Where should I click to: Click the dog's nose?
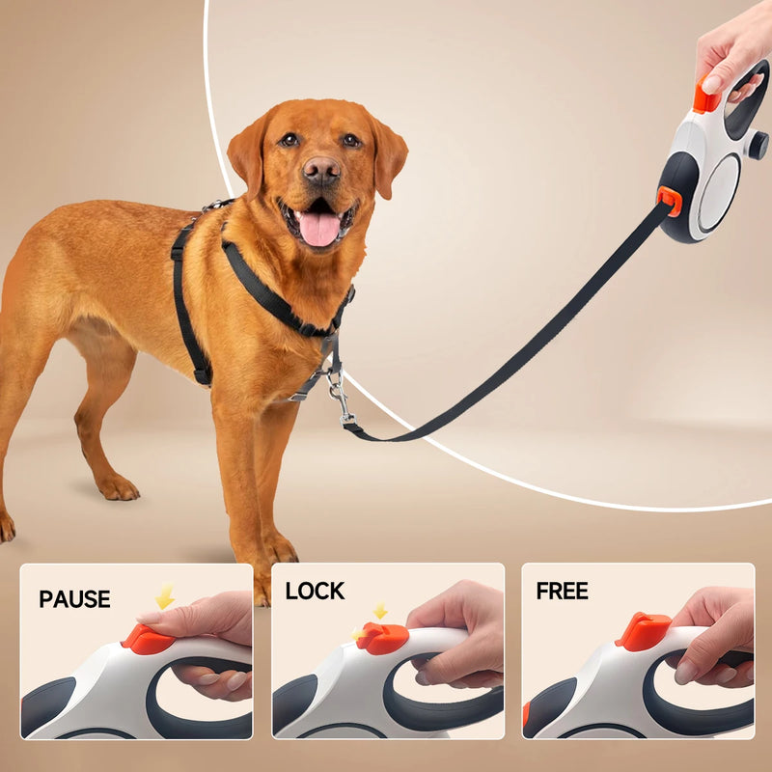coord(321,172)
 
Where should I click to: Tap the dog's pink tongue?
coord(320,229)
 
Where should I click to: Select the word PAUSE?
coord(74,598)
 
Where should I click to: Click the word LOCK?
coord(315,591)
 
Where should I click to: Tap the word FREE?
coord(562,591)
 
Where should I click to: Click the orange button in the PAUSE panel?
coord(147,638)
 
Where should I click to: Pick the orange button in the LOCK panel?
coord(383,637)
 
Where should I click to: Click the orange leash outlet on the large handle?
coord(670,200)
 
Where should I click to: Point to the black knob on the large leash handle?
coord(758,146)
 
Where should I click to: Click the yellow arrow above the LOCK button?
coord(380,611)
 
